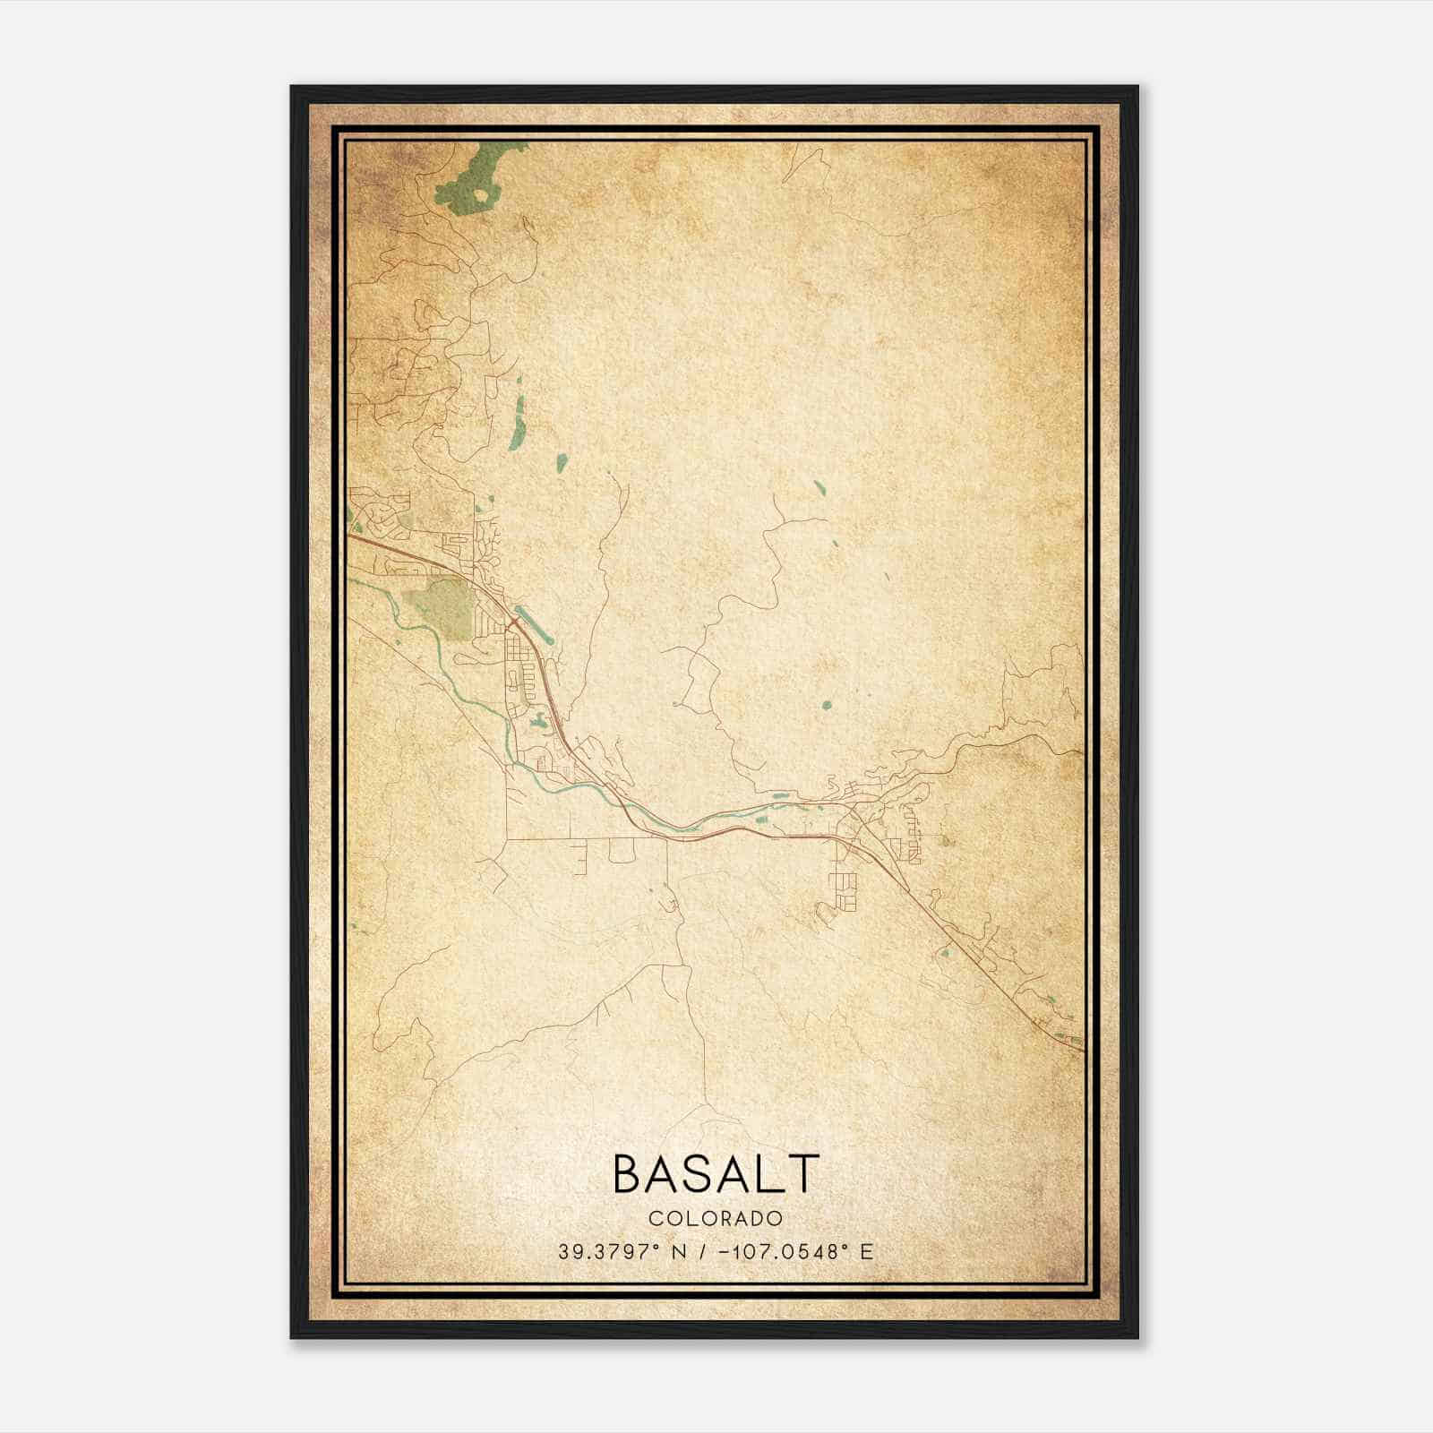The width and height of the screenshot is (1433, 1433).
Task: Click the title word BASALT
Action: click(x=715, y=1173)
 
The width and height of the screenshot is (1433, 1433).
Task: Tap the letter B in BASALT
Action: click(x=628, y=1173)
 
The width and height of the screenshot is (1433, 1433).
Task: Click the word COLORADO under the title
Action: click(x=715, y=1218)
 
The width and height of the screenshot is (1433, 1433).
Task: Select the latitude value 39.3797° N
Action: click(x=622, y=1252)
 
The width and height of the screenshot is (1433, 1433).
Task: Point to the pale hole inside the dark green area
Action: click(x=482, y=193)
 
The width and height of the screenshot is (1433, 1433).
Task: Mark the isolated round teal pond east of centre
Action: click(x=826, y=705)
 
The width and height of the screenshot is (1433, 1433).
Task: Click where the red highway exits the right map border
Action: click(x=1083, y=1049)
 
